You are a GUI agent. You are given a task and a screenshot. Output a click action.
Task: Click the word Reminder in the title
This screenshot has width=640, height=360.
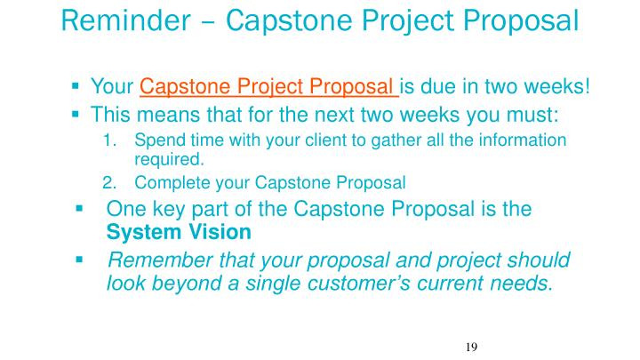coord(125,20)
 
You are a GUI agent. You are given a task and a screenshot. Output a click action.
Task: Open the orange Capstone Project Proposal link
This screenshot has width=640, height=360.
coord(269,86)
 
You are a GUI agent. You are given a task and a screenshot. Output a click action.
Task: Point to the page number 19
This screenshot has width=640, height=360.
coord(471,347)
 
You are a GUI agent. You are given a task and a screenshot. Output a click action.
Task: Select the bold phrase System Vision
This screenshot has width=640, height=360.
coord(179,232)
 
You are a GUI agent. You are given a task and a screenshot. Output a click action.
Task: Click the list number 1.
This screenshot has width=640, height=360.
coord(109,140)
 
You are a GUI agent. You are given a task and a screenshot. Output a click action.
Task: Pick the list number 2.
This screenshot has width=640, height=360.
coord(109,183)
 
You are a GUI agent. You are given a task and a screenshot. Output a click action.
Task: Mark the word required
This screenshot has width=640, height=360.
coord(169,159)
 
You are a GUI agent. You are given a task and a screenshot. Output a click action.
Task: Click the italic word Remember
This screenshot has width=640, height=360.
coord(161,260)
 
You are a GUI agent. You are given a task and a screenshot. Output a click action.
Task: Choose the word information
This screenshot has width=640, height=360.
coord(523,140)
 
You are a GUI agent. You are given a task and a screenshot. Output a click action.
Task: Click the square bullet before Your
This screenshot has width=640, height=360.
coord(75,85)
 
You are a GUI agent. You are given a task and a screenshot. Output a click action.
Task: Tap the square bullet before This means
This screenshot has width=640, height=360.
coord(75,114)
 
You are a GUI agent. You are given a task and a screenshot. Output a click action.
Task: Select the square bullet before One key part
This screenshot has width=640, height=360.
coord(80,209)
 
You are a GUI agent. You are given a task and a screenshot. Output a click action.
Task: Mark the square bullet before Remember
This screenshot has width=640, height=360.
coord(80,260)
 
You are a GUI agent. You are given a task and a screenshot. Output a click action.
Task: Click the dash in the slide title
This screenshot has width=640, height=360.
coord(208,22)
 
